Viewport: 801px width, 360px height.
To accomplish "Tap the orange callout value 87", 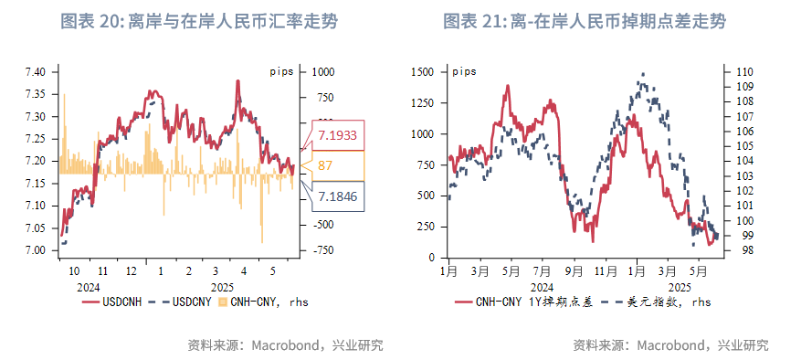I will pos(325,166).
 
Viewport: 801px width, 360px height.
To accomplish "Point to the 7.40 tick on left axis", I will pos(37,72).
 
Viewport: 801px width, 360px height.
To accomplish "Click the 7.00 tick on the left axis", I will pos(37,250).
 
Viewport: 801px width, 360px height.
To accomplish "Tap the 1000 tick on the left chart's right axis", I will pos(324,72).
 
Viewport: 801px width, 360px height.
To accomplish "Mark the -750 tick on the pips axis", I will pos(324,250).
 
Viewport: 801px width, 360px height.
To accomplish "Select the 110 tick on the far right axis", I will pos(743,71).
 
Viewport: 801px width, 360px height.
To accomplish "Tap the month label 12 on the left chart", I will pos(132,270).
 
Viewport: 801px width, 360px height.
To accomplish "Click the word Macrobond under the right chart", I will pos(671,344).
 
